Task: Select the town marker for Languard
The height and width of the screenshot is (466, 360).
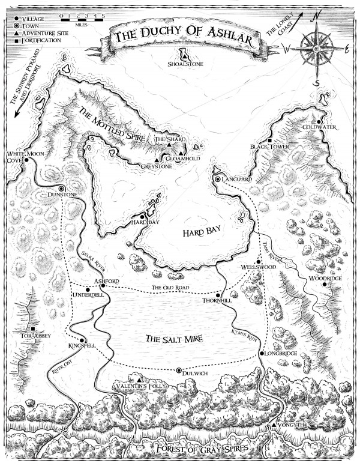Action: [x=217, y=179]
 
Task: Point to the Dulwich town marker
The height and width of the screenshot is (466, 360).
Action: [x=178, y=371]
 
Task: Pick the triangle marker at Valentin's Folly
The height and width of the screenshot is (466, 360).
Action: [x=139, y=380]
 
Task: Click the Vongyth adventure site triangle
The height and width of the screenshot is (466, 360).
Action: [x=274, y=425]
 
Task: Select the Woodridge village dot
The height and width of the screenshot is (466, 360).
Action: [x=325, y=285]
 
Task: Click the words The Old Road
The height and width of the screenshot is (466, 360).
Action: [x=170, y=289]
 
